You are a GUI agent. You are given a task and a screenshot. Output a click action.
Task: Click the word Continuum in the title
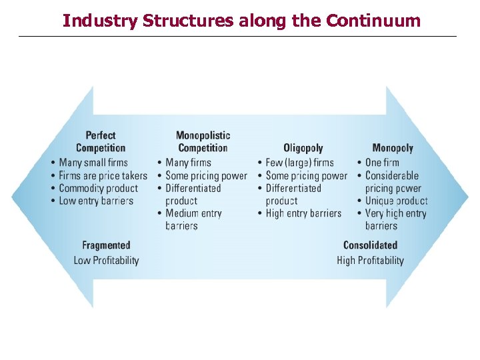(x=373, y=21)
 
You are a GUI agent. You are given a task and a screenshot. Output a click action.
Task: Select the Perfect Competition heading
(x=101, y=141)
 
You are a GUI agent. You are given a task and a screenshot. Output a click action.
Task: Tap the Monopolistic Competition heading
(x=203, y=141)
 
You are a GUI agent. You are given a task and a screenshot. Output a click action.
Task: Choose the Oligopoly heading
(x=303, y=148)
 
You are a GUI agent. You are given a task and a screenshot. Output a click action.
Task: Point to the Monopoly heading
(x=393, y=148)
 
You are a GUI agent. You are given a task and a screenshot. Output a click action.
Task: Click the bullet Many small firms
(x=93, y=162)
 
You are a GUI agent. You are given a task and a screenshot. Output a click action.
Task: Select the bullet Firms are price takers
(x=103, y=175)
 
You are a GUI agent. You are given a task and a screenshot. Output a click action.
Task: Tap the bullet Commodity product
(x=98, y=188)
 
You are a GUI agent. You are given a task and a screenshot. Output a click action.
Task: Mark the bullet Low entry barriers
(x=96, y=201)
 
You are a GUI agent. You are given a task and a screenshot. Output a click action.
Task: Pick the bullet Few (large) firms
(x=299, y=162)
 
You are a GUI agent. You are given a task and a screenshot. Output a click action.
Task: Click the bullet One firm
(x=382, y=162)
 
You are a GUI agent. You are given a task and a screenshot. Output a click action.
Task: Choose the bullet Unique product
(x=396, y=201)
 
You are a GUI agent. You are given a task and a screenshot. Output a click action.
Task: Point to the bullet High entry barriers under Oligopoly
(x=303, y=213)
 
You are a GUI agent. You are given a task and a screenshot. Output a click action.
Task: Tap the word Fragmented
(x=106, y=245)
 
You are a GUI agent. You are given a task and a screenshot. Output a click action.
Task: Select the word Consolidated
(x=370, y=245)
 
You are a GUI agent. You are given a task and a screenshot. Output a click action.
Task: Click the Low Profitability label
(x=106, y=260)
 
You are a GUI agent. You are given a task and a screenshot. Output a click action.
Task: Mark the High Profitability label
(x=370, y=260)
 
